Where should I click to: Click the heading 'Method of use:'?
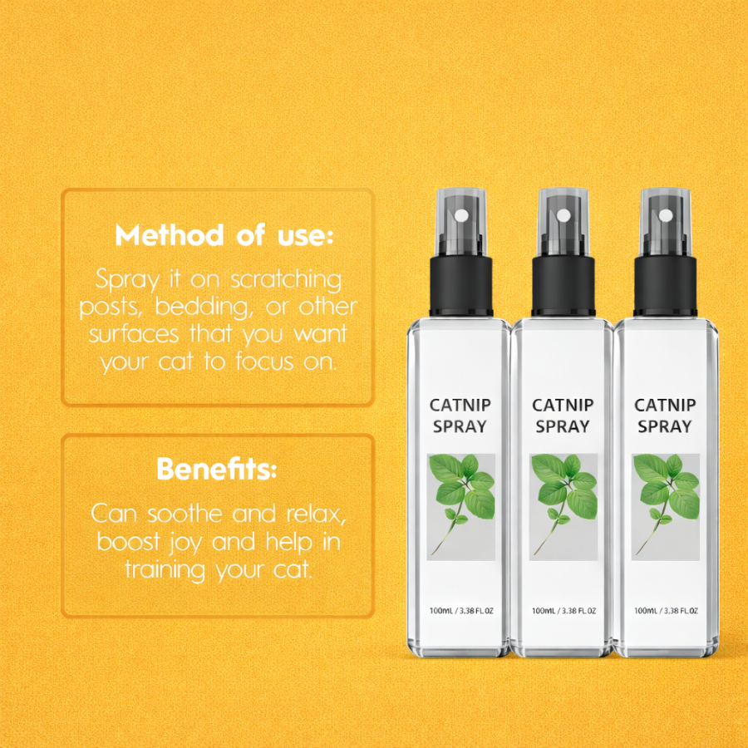point(224,235)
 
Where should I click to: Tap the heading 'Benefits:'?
point(217,469)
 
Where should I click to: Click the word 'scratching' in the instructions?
point(286,280)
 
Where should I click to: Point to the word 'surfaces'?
point(134,334)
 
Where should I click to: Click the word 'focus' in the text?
point(265,362)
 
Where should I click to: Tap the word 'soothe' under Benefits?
point(185,514)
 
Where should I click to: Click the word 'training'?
point(165,570)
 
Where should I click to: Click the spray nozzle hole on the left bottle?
point(461,215)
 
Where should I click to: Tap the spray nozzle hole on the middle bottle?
point(563,215)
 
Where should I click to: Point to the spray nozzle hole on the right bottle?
point(666,215)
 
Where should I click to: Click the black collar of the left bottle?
point(461,286)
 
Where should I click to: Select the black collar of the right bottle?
point(666,286)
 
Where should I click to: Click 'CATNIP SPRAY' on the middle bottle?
point(563,416)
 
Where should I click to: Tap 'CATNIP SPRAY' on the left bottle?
point(460,416)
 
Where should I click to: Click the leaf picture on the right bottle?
point(666,507)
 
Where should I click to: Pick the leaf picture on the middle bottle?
point(563,507)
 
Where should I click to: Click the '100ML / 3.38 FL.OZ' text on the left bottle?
point(461,611)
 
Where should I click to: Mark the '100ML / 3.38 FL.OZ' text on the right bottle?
point(666,611)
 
